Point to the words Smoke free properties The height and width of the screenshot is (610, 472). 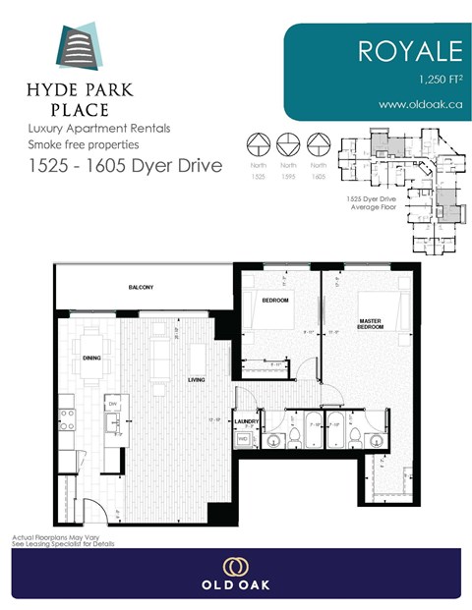click(73, 143)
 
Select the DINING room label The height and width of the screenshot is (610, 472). click(92, 359)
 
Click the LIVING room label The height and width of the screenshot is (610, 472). click(197, 379)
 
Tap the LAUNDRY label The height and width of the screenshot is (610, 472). click(246, 423)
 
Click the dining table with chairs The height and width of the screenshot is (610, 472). click(90, 375)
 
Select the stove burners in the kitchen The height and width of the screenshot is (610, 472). click(68, 419)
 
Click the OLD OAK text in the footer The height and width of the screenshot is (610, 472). click(235, 585)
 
